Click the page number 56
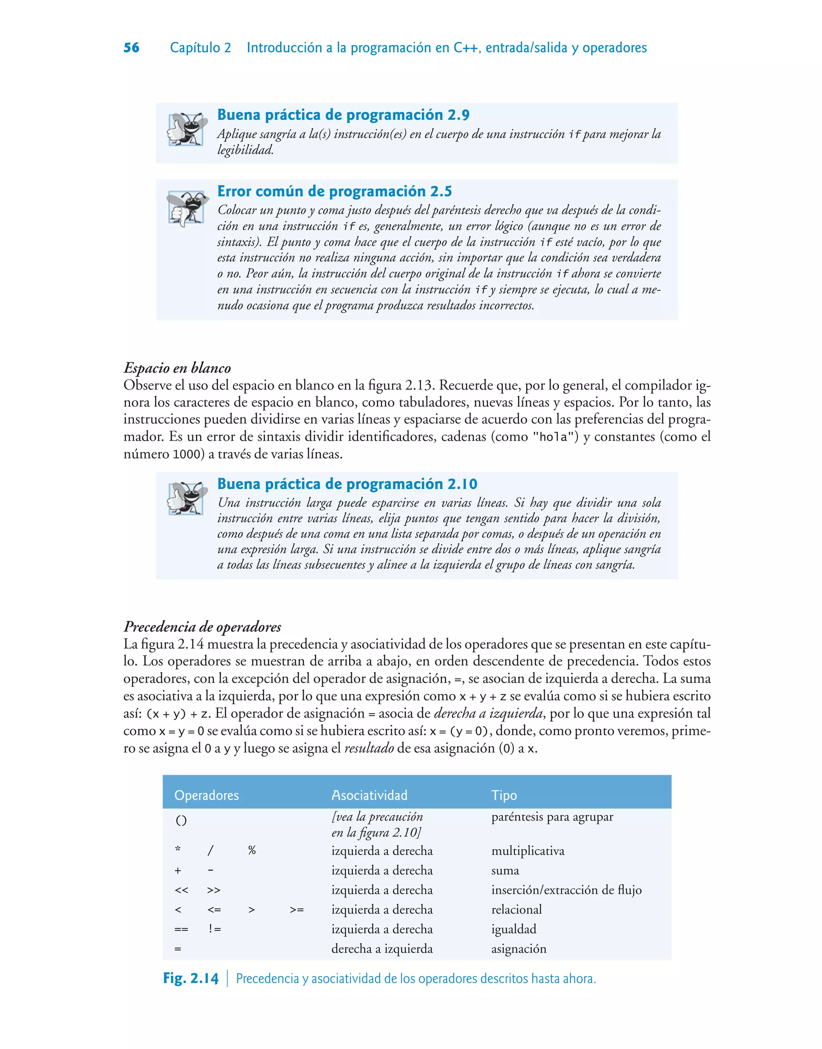point(131,48)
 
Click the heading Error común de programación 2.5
point(334,191)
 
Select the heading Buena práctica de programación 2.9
point(343,114)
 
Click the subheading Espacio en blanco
point(177,368)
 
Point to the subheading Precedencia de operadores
point(202,627)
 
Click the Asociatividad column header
point(369,795)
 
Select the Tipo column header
point(504,795)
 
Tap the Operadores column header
point(206,795)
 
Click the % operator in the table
point(252,851)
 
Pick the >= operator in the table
point(297,910)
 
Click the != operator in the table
point(215,929)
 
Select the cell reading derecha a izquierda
point(382,949)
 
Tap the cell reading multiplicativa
point(527,851)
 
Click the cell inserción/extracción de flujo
point(566,890)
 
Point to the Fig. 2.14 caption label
point(191,978)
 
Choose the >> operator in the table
point(214,890)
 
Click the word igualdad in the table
point(513,929)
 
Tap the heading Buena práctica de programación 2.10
point(347,484)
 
